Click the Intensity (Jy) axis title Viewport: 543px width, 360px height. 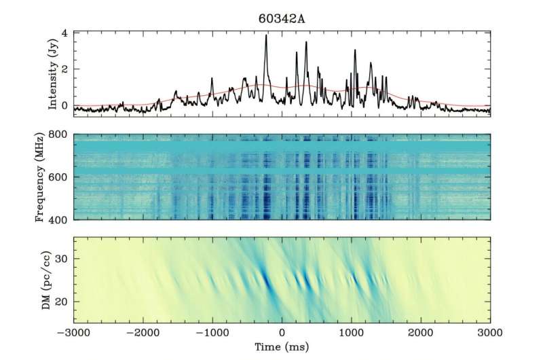tap(54, 71)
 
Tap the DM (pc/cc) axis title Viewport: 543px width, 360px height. tap(54, 279)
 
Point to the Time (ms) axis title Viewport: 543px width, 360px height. tap(282, 346)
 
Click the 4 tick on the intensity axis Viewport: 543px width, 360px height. tap(65, 33)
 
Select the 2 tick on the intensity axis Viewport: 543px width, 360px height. tap(65, 69)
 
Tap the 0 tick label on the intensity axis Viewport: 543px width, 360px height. tap(65, 106)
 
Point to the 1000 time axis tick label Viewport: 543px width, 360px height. tap(352, 332)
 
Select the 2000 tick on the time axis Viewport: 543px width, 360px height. tap(421, 332)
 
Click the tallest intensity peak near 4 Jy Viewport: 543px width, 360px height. tap(265, 37)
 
